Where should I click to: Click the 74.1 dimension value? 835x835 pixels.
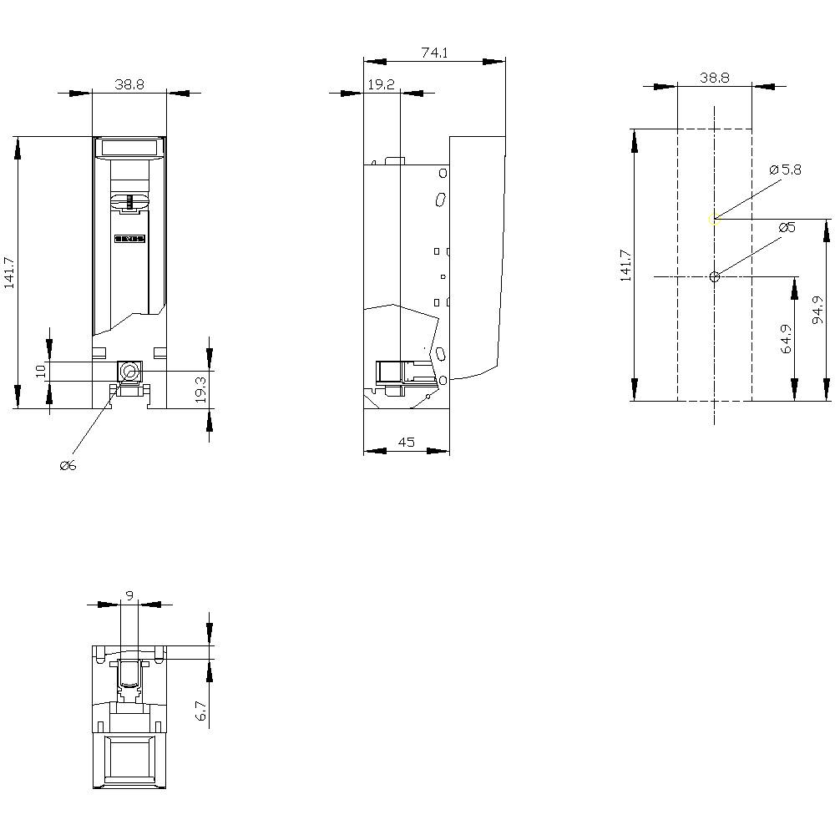coord(434,53)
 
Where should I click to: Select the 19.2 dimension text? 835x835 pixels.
coord(381,84)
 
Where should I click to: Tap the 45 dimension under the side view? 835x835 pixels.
coord(407,443)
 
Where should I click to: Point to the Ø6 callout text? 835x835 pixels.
coord(68,465)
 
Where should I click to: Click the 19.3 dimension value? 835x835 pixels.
coord(200,389)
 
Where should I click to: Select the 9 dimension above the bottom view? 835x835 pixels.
coord(129,595)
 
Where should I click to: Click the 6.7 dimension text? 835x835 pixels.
coord(200,711)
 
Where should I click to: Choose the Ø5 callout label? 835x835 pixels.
coord(787,228)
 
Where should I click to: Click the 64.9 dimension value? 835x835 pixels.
coord(786,338)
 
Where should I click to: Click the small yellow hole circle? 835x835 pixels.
coord(714,220)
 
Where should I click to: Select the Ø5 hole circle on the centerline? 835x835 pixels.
coord(714,276)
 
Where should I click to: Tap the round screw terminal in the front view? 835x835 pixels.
coord(129,371)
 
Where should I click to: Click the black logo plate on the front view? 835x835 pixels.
coord(129,239)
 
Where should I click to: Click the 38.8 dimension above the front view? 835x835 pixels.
coord(129,84)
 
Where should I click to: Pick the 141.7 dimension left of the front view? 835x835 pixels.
coord(10,272)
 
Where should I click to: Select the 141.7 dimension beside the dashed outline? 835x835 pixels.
coord(625,266)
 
